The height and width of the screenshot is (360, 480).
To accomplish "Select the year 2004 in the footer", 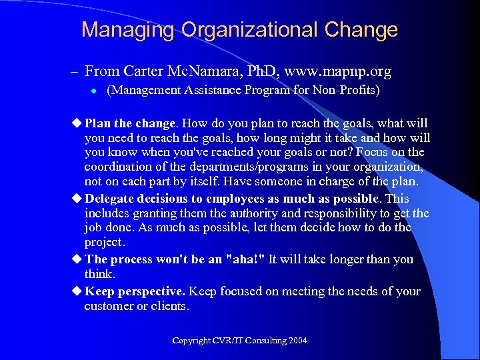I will [x=297, y=341].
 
